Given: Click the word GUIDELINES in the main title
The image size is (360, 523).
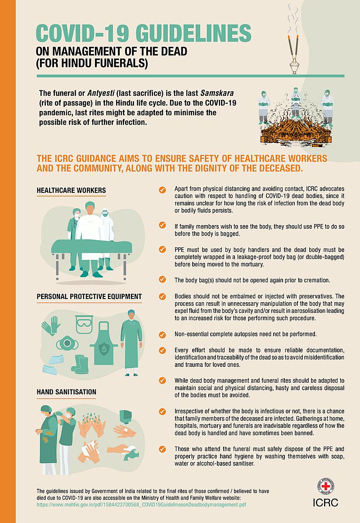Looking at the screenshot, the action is pos(193,33).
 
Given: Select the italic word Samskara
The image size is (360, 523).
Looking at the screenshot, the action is pos(217,93).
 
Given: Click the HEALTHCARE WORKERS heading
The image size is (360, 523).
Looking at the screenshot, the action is pos(72,191).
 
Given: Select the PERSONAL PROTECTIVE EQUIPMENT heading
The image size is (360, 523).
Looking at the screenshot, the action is pos(89,296).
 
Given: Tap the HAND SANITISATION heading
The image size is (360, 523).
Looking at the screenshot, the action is pos(67,392).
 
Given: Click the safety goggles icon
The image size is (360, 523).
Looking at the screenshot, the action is pos(84,324).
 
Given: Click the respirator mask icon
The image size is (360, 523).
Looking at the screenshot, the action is pos(67,344).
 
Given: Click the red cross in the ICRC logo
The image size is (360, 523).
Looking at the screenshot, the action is pos(325,486).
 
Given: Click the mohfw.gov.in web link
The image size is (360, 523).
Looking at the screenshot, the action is pos(141,505).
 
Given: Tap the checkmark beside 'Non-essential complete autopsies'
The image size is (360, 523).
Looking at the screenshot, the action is pos(162,335).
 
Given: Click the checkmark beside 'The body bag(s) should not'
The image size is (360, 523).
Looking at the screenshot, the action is pos(162,279).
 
